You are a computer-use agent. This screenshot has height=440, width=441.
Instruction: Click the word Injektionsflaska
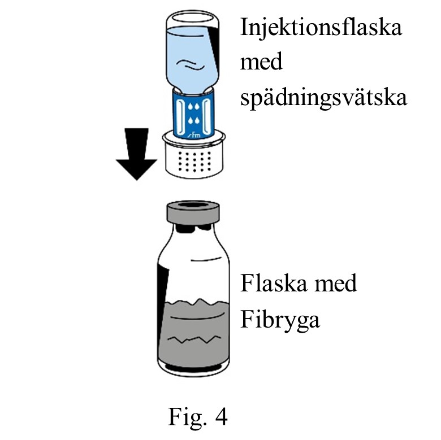click(x=321, y=28)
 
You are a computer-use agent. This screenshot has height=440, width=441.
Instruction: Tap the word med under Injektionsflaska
click(x=261, y=62)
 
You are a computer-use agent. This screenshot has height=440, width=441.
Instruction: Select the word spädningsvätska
click(x=323, y=97)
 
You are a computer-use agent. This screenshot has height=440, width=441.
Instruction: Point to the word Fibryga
click(x=280, y=320)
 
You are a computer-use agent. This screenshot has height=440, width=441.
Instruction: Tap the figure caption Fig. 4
click(x=197, y=417)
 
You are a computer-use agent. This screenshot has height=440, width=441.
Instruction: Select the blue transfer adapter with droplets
click(x=194, y=113)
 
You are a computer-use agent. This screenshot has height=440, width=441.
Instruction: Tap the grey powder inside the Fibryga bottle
click(x=193, y=333)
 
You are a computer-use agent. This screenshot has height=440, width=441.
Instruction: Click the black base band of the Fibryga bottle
click(x=193, y=370)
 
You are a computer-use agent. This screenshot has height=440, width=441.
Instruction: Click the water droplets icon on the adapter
click(x=194, y=112)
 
